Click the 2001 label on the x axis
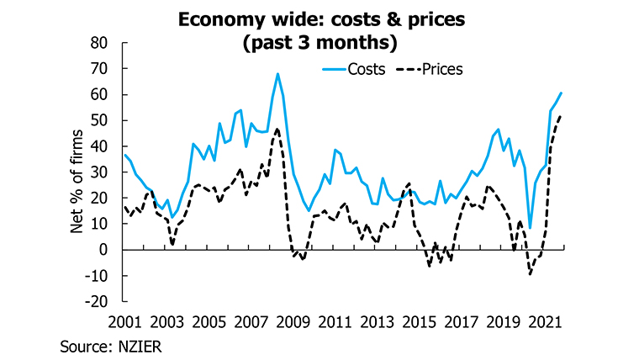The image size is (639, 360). (124, 322)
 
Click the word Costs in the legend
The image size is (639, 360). (367, 69)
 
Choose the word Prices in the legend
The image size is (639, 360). (444, 69)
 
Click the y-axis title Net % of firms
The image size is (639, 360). (77, 172)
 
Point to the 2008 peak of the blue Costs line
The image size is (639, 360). (277, 74)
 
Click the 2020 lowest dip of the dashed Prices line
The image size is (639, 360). (530, 273)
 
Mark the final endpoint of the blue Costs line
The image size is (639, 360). (562, 93)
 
